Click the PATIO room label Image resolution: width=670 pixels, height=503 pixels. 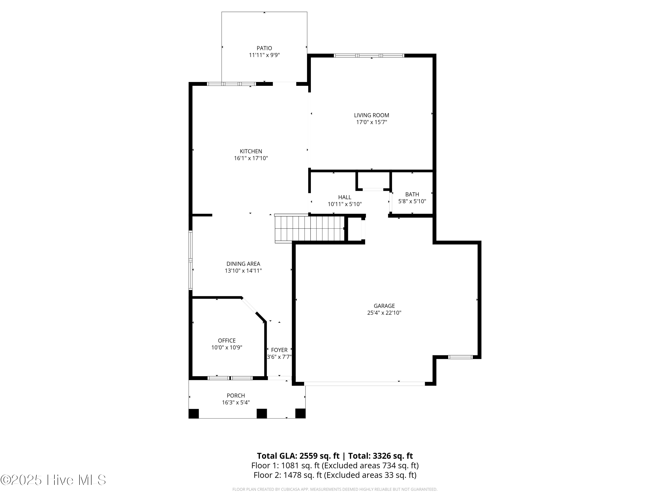264,48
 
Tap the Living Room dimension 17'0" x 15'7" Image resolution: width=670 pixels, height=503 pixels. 371,122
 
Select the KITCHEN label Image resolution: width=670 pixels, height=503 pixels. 251,151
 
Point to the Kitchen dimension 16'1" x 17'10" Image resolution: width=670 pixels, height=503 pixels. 251,158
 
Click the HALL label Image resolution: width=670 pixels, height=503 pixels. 345,197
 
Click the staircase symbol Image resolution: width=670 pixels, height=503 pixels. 310,229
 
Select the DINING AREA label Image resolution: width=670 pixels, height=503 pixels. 243,264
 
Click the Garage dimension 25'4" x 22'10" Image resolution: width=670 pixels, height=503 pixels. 384,313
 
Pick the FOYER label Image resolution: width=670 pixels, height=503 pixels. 279,350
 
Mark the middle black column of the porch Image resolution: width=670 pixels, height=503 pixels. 262,414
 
